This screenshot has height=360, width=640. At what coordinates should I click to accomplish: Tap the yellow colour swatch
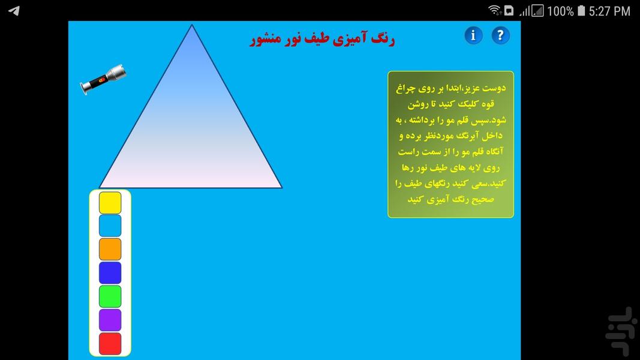[x=110, y=203]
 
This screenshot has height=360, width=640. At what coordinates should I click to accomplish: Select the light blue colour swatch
[x=110, y=226]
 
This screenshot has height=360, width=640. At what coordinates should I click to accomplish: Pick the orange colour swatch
[x=110, y=249]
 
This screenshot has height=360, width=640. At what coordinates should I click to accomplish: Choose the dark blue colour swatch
[x=110, y=272]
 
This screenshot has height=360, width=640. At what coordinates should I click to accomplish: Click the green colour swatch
[x=110, y=296]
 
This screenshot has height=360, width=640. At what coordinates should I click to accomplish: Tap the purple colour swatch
[x=110, y=320]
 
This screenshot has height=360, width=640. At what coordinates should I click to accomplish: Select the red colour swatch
[x=110, y=343]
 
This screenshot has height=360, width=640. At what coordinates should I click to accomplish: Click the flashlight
[x=103, y=78]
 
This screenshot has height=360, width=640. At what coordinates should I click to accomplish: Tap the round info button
[x=473, y=35]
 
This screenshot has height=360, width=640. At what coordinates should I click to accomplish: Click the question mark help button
[x=500, y=35]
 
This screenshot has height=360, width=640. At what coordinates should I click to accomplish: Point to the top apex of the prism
[x=191, y=26]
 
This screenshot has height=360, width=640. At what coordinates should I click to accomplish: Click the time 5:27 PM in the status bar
[x=609, y=11]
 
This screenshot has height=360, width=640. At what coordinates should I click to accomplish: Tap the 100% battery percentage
[x=560, y=11]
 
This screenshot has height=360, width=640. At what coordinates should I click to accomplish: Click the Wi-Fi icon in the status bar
[x=494, y=10]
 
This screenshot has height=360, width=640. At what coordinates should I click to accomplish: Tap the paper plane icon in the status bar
[x=14, y=11]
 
